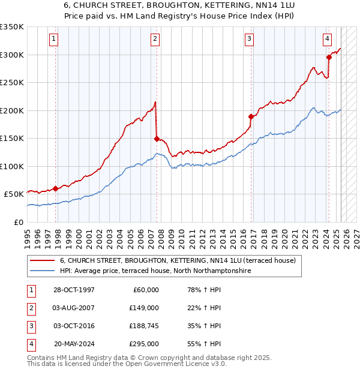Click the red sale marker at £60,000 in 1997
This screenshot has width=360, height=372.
point(55,188)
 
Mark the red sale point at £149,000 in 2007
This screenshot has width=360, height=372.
point(157,139)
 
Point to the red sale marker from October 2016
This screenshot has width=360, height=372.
point(251,116)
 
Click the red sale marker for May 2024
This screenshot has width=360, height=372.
point(329,58)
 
